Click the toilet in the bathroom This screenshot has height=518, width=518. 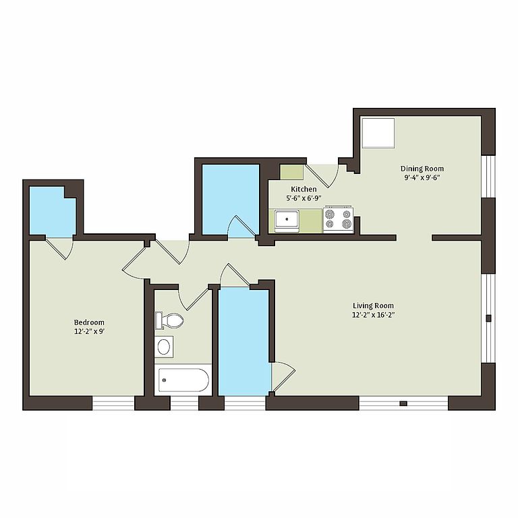click(169, 320)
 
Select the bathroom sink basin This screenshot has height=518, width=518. click(164, 347)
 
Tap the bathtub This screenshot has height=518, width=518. click(183, 380)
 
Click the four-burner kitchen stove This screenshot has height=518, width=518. click(338, 219)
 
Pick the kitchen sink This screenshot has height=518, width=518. click(287, 219)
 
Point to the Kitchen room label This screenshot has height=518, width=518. click(304, 189)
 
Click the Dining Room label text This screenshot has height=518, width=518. click(422, 169)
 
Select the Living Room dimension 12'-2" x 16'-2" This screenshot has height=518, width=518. click(373, 315)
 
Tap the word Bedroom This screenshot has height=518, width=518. click(89, 322)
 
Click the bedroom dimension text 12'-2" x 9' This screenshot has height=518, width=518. click(89, 331)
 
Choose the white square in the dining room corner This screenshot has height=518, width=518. click(378, 133)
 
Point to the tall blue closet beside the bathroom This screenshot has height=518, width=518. click(244, 341)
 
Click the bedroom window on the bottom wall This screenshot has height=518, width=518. click(113, 403)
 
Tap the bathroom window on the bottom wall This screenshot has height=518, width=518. click(184, 403)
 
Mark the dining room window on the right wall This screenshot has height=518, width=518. click(488, 177)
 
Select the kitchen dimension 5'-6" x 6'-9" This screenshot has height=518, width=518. click(304, 198)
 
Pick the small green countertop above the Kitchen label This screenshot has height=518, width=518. click(291, 172)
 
